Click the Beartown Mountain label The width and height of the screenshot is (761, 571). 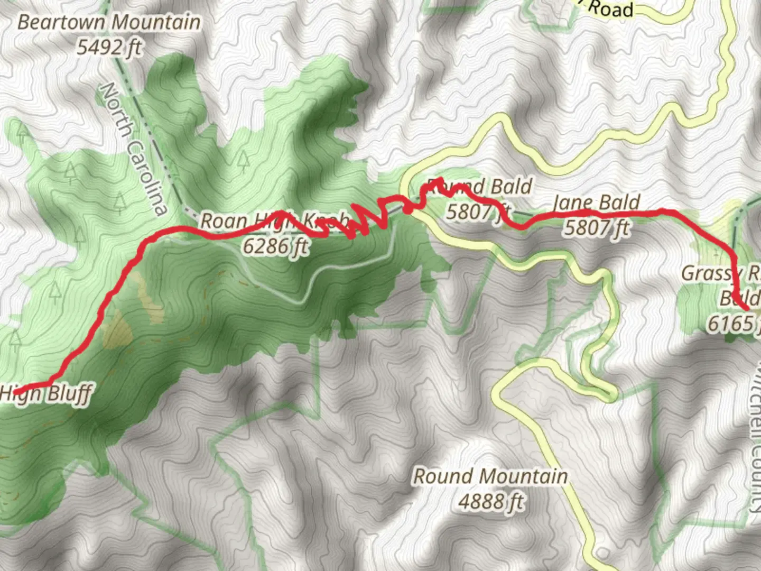(109, 23)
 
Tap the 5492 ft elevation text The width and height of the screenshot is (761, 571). (109, 48)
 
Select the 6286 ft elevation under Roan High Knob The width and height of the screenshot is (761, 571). (275, 246)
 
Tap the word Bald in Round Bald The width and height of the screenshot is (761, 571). (511, 187)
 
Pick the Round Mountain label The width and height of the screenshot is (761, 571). (490, 476)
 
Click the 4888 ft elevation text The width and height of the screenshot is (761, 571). (490, 501)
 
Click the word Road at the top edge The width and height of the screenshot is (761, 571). (610, 9)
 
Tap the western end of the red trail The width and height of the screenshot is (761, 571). (16, 392)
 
